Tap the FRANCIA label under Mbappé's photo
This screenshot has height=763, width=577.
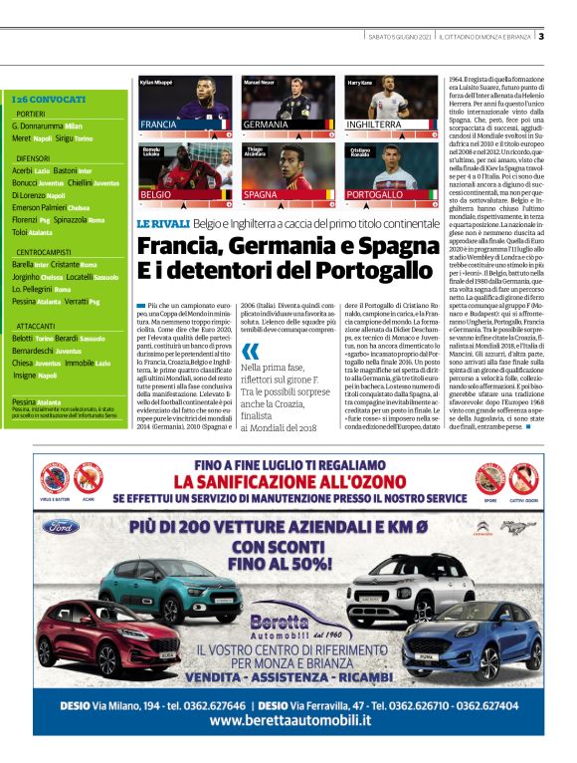[x=160, y=125]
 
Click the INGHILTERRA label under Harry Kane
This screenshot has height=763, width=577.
[x=375, y=125]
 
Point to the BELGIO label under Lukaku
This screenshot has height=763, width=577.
[x=156, y=194]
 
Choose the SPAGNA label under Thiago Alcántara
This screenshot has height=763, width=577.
[x=261, y=194]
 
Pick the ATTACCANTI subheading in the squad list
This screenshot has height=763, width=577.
[x=36, y=326]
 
